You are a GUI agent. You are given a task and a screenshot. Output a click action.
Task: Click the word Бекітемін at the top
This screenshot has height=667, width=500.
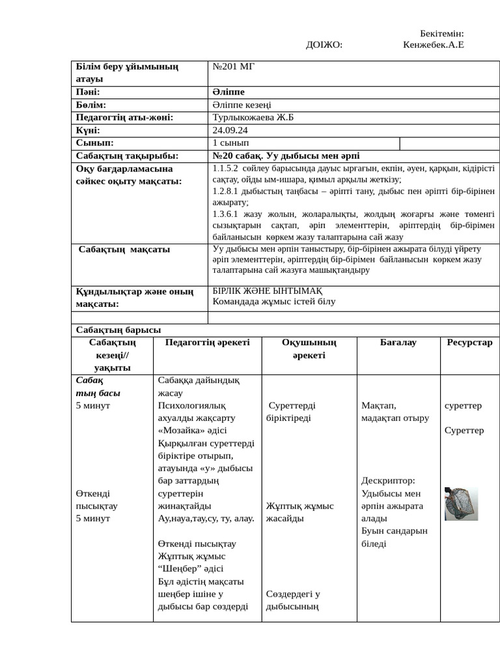[x=441, y=33]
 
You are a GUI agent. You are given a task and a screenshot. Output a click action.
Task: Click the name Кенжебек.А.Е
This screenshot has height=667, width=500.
[x=433, y=44]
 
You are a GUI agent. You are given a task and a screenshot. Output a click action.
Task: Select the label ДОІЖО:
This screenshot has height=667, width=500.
[x=324, y=44]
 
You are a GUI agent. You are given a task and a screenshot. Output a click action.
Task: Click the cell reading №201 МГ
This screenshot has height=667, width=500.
[x=234, y=66]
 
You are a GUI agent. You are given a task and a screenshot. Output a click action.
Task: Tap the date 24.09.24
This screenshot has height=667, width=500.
[x=230, y=130]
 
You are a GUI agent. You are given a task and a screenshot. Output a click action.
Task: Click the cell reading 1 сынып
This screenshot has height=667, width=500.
[x=230, y=143]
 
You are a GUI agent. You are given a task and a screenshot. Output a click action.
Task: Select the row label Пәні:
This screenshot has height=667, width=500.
[x=88, y=92]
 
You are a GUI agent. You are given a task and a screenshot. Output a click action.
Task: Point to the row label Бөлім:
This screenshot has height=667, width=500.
[x=90, y=105]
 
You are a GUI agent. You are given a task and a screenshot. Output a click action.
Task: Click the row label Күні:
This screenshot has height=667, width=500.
[x=88, y=130]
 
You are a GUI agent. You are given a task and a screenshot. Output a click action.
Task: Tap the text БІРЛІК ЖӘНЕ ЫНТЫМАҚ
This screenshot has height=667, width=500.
[x=267, y=291]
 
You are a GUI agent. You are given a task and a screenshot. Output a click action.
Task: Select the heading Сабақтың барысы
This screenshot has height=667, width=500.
[x=118, y=330]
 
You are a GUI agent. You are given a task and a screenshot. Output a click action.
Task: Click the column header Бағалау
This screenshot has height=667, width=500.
[x=398, y=342]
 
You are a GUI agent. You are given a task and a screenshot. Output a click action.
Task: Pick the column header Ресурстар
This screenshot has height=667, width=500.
[x=469, y=342]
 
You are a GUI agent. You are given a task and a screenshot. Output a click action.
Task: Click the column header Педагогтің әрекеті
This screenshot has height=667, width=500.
[x=207, y=342]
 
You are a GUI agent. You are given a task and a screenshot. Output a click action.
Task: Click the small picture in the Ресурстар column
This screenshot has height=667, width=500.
[x=461, y=504]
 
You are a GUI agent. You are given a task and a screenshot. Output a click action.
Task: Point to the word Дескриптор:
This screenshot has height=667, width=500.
[x=388, y=481]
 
